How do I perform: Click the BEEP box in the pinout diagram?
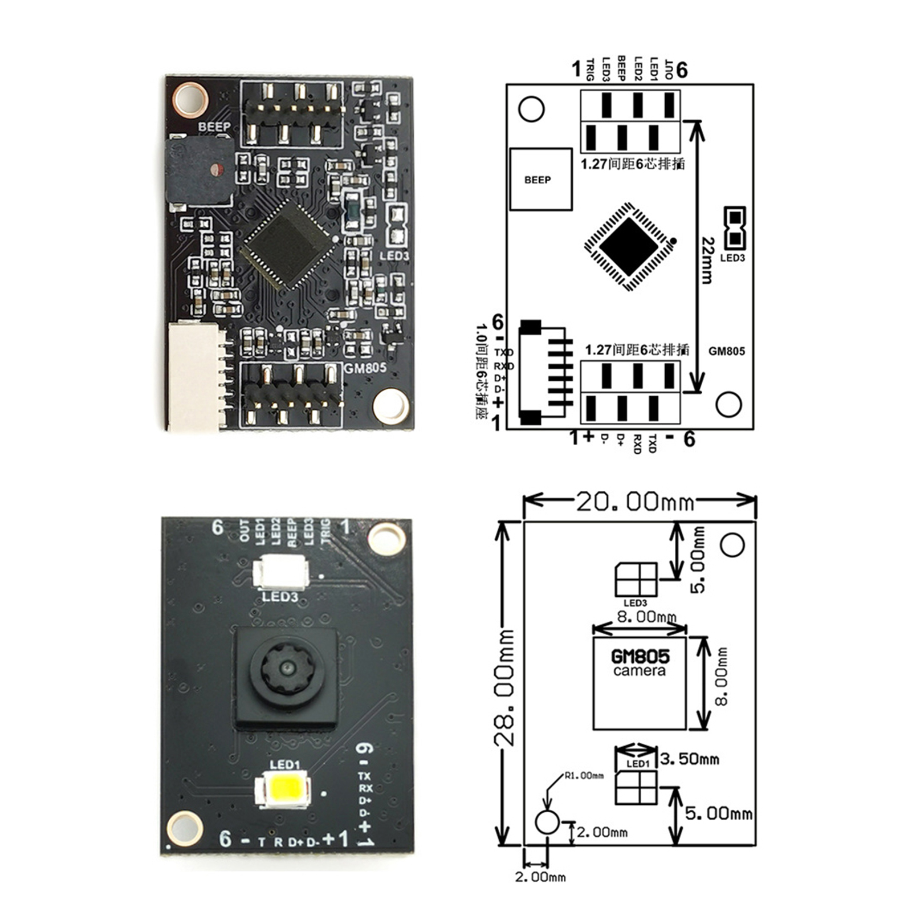pyautogui.click(x=540, y=180)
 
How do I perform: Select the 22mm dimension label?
pyautogui.click(x=707, y=260)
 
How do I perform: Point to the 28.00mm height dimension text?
pyautogui.click(x=504, y=687)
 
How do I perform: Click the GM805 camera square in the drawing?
pyautogui.click(x=639, y=683)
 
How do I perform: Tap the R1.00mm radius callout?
pyautogui.click(x=584, y=776)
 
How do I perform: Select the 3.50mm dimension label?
pyautogui.click(x=690, y=759)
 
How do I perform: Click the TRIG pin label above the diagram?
pyautogui.click(x=591, y=70)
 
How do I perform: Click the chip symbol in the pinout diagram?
pyautogui.click(x=629, y=246)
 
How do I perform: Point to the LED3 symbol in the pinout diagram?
pyautogui.click(x=734, y=228)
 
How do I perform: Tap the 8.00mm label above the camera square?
pyautogui.click(x=646, y=616)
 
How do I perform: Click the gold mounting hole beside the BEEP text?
pyautogui.click(x=190, y=100)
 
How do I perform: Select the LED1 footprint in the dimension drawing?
pyautogui.click(x=636, y=787)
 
